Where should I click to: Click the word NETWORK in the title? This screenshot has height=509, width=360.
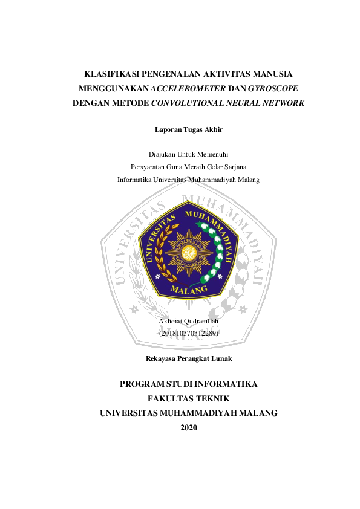(x=284, y=103)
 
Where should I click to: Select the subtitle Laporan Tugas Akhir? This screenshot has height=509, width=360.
(x=188, y=129)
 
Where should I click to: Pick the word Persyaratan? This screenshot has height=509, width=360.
(x=151, y=167)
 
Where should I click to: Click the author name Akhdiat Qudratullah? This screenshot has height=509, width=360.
(x=188, y=321)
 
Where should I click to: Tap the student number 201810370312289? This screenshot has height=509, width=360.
(x=188, y=333)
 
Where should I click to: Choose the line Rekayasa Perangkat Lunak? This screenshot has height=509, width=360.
(x=188, y=358)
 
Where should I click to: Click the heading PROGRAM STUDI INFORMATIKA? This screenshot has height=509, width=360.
(x=188, y=384)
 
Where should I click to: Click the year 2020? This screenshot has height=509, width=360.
(x=189, y=428)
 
